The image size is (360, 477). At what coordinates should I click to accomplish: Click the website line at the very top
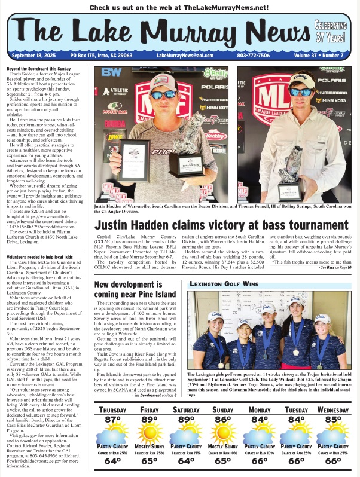coord(179,8)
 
